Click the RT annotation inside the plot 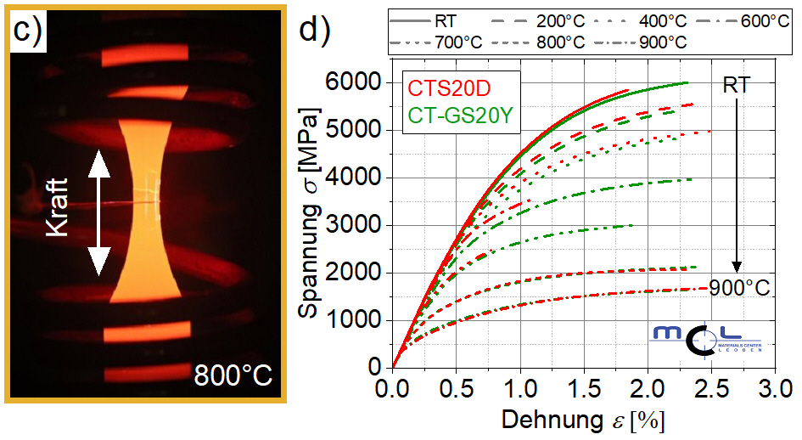(x=736, y=85)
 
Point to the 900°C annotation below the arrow (x=740, y=287)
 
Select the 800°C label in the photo (x=233, y=374)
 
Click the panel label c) (x=29, y=31)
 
